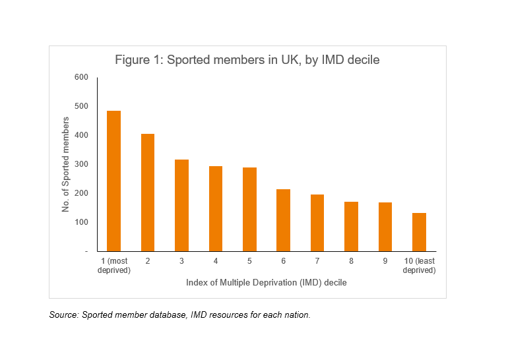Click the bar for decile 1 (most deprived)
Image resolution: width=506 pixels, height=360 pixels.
pyautogui.click(x=114, y=181)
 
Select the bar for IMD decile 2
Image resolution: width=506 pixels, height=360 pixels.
pyautogui.click(x=148, y=193)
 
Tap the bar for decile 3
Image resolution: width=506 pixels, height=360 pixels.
pyautogui.click(x=182, y=205)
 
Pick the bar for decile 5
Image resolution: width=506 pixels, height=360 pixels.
pyautogui.click(x=249, y=209)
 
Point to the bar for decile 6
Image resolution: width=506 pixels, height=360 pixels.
pyautogui.click(x=283, y=220)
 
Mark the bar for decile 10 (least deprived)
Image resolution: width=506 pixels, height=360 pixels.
pyautogui.click(x=419, y=232)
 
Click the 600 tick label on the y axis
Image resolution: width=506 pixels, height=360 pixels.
pyautogui.click(x=81, y=77)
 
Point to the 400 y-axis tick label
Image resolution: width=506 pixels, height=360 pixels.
pyautogui.click(x=81, y=135)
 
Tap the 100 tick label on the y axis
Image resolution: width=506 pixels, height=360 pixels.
pyautogui.click(x=81, y=222)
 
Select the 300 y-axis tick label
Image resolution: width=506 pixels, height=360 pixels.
pyautogui.click(x=81, y=164)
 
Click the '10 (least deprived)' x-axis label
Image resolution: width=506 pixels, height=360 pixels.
pyautogui.click(x=419, y=266)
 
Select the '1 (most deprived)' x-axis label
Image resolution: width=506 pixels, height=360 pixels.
pyautogui.click(x=114, y=266)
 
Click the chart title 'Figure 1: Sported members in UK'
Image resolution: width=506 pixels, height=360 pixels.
pyautogui.click(x=247, y=60)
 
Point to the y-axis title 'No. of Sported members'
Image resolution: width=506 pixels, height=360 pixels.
pyautogui.click(x=66, y=164)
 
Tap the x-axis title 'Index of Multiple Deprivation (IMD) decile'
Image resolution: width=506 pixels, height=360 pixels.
pyautogui.click(x=267, y=283)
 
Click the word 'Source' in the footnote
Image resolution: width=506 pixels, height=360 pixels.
pyautogui.click(x=63, y=315)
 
